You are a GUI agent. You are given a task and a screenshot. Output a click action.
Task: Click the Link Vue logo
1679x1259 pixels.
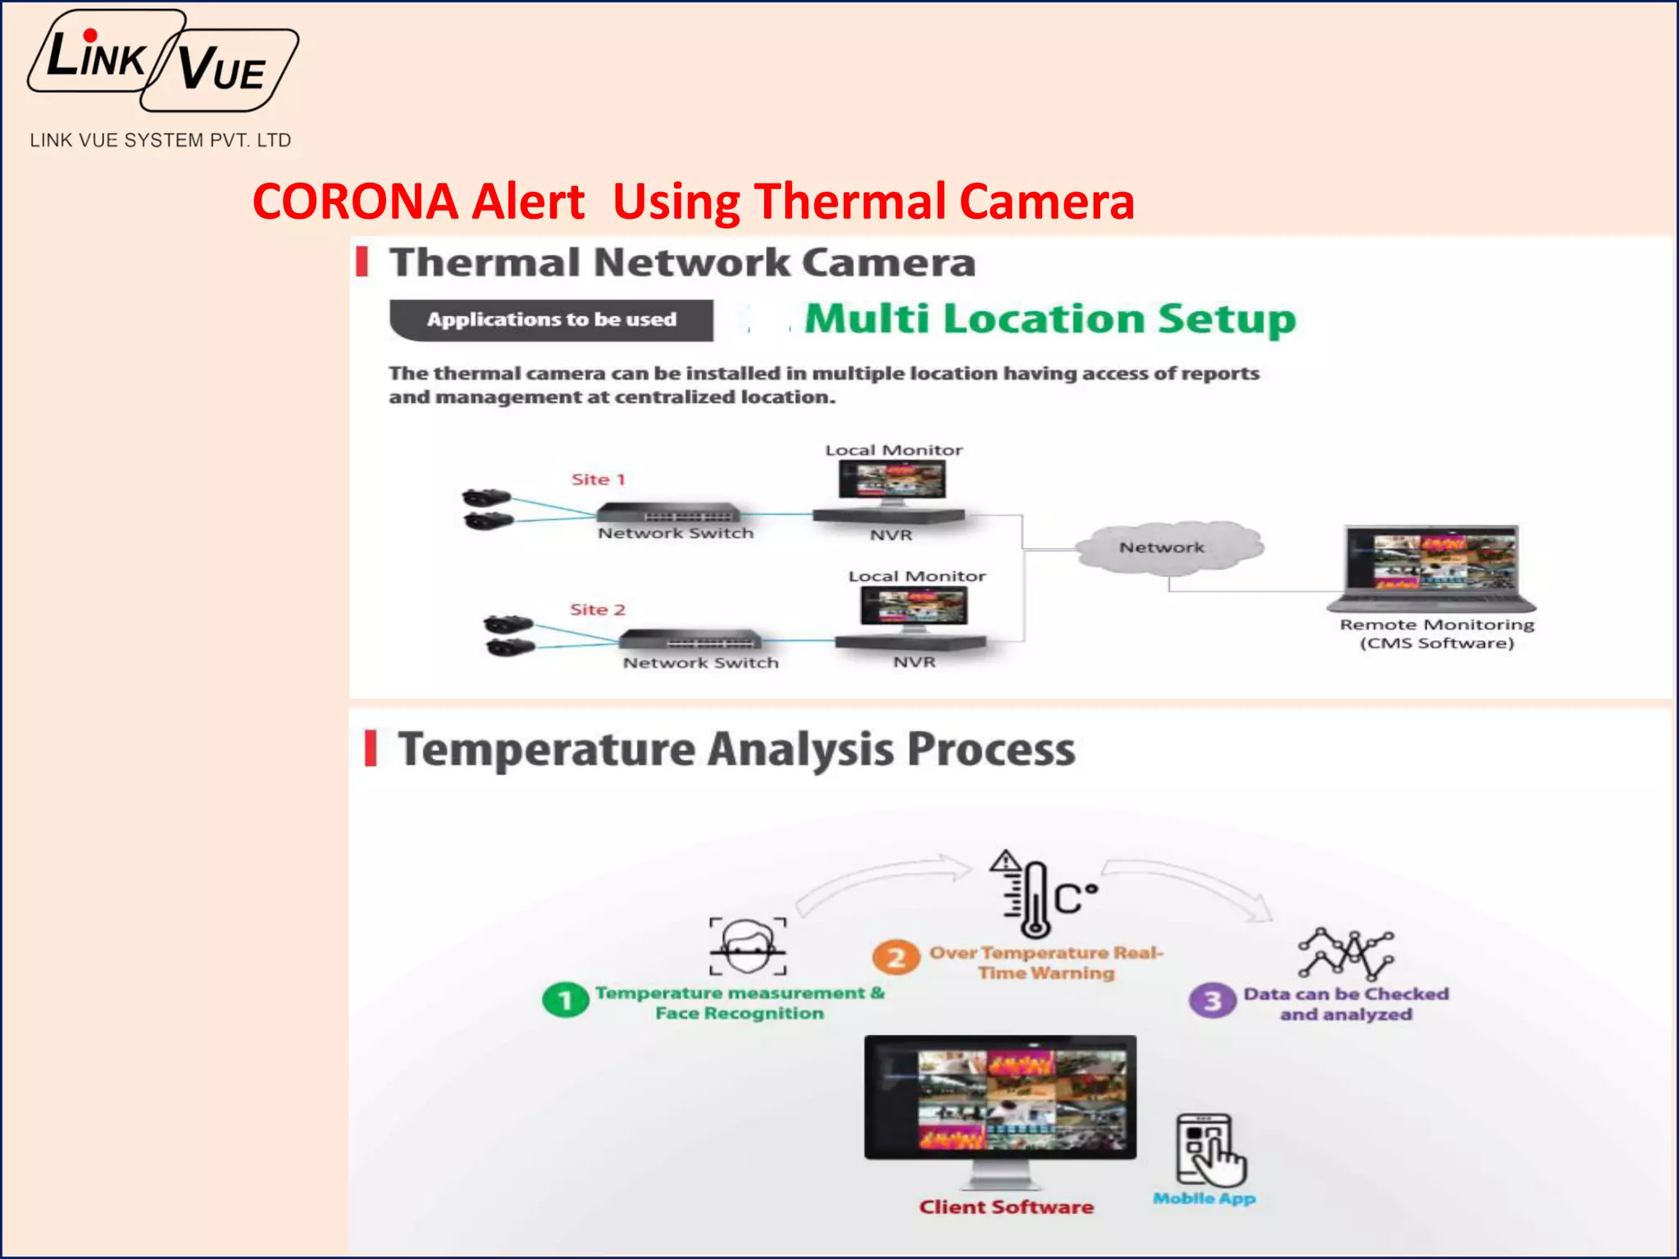(x=162, y=62)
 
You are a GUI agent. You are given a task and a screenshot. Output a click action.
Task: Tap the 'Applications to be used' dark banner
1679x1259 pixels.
(x=551, y=320)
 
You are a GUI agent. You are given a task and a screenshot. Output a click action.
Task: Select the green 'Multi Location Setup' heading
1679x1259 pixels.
(x=1049, y=319)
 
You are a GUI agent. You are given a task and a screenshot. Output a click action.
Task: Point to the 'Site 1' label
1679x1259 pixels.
(x=598, y=480)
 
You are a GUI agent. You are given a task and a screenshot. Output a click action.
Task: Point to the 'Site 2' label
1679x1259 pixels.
(x=598, y=610)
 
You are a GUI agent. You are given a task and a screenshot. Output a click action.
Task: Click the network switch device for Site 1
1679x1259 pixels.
(x=668, y=514)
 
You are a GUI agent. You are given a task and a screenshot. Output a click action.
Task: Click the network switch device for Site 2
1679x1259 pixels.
(x=690, y=639)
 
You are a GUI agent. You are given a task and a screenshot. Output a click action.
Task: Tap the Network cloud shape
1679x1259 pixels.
(x=1167, y=547)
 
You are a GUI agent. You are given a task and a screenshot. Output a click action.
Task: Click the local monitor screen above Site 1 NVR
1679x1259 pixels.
(x=892, y=480)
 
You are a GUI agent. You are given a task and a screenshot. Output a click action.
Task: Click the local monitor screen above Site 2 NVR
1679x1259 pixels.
(x=914, y=607)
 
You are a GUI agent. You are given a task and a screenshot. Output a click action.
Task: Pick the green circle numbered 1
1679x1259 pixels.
(x=566, y=1000)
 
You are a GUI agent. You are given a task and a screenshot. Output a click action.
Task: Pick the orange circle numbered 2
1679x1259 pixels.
(x=896, y=957)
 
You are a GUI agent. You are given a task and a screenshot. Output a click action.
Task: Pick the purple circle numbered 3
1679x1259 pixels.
(x=1213, y=1001)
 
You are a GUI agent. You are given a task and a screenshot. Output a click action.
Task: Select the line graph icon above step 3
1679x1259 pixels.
(x=1345, y=953)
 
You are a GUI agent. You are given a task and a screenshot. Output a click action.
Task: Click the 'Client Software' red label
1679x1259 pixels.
(x=1006, y=1207)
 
